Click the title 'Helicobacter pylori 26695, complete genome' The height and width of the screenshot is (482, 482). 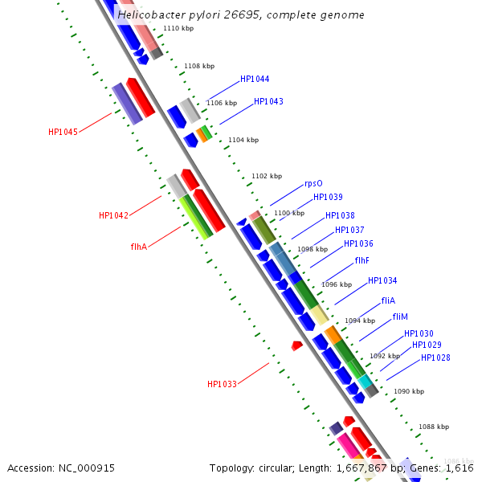(240, 15)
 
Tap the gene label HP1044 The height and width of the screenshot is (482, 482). (255, 80)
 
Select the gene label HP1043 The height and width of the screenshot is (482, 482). (268, 102)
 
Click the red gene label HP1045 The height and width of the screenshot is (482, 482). (63, 132)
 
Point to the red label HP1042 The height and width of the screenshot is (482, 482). (113, 215)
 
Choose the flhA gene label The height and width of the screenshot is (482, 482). (138, 247)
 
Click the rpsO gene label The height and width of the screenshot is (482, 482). (313, 184)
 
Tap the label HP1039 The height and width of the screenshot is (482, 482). (328, 198)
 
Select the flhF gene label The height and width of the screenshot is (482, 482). (362, 261)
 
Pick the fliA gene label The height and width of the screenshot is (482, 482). (388, 300)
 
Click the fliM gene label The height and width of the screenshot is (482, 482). (400, 317)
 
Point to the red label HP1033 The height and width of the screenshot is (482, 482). (222, 384)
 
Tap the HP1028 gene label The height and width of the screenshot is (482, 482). (435, 358)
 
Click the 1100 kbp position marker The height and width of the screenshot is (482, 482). (288, 213)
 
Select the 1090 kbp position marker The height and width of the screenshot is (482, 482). (408, 391)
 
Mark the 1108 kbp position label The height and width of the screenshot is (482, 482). (199, 67)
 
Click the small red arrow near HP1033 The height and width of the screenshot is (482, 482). (296, 345)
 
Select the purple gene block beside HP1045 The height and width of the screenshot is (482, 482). (127, 104)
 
